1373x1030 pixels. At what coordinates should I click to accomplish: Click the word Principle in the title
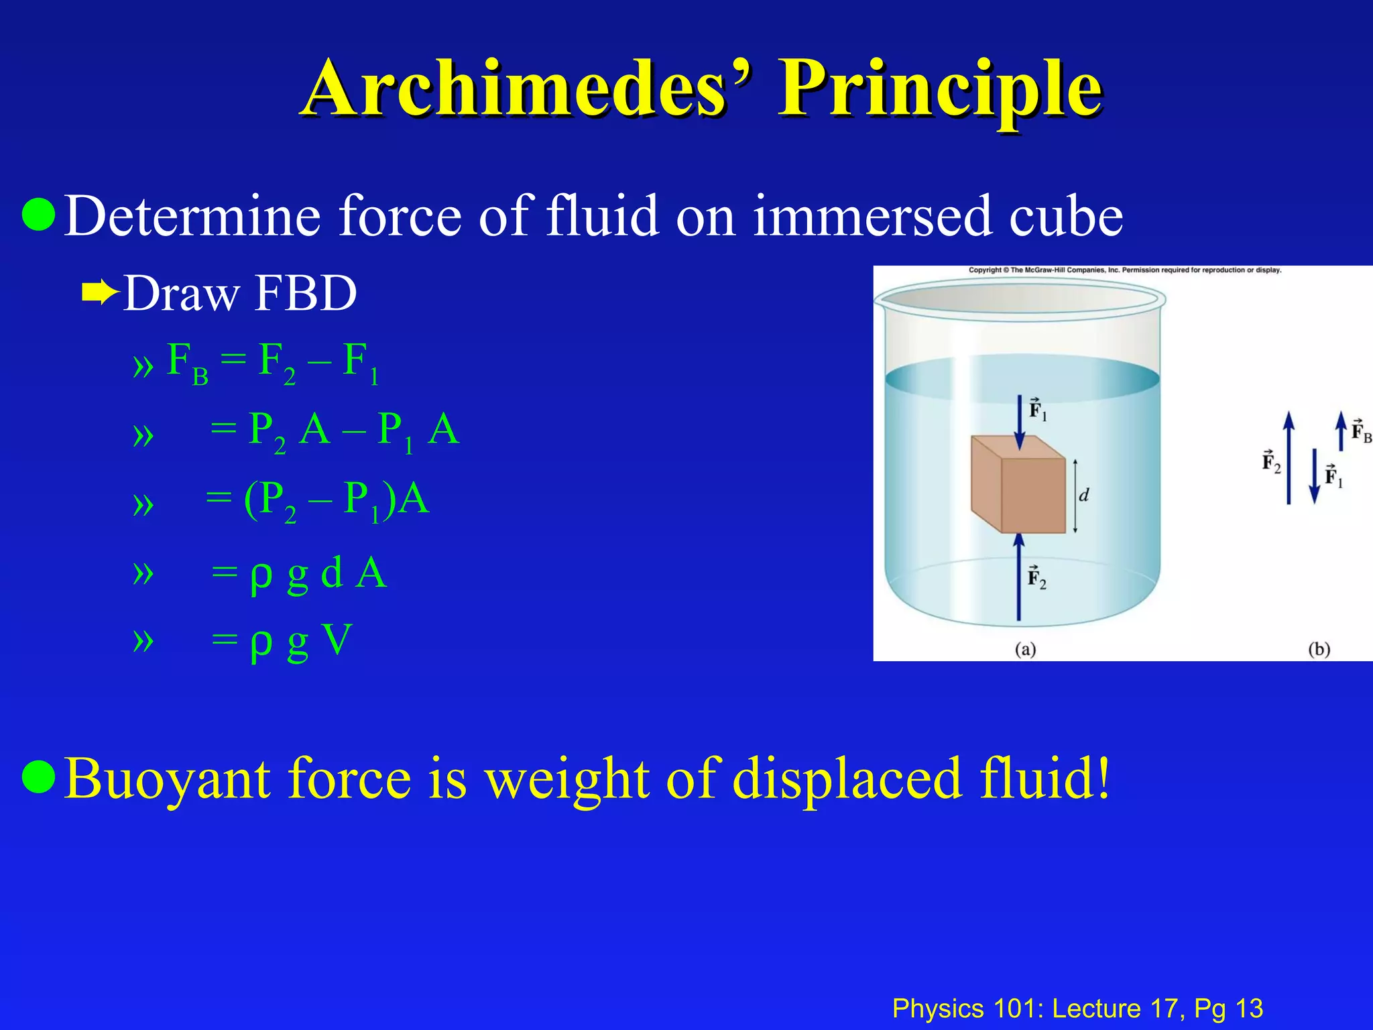[x=939, y=89]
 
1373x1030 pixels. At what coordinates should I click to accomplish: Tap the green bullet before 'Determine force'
[x=38, y=215]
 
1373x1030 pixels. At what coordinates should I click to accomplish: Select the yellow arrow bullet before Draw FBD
[x=99, y=292]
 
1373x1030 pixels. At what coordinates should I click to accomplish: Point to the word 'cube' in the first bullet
[x=1065, y=216]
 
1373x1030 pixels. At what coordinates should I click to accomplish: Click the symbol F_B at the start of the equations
[x=186, y=362]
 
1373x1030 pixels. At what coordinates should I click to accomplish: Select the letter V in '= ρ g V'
[x=337, y=640]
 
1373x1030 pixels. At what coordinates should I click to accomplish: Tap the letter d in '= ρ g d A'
[x=332, y=572]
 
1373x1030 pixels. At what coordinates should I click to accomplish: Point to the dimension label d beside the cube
[x=1083, y=496]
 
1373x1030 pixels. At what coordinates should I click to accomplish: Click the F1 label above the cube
[x=1037, y=410]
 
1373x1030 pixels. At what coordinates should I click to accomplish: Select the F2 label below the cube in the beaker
[x=1036, y=577]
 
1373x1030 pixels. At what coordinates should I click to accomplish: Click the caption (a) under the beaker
[x=1025, y=649]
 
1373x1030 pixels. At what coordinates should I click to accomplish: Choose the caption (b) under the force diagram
[x=1319, y=649]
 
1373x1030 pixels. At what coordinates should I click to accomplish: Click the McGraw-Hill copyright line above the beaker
[x=1124, y=270]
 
